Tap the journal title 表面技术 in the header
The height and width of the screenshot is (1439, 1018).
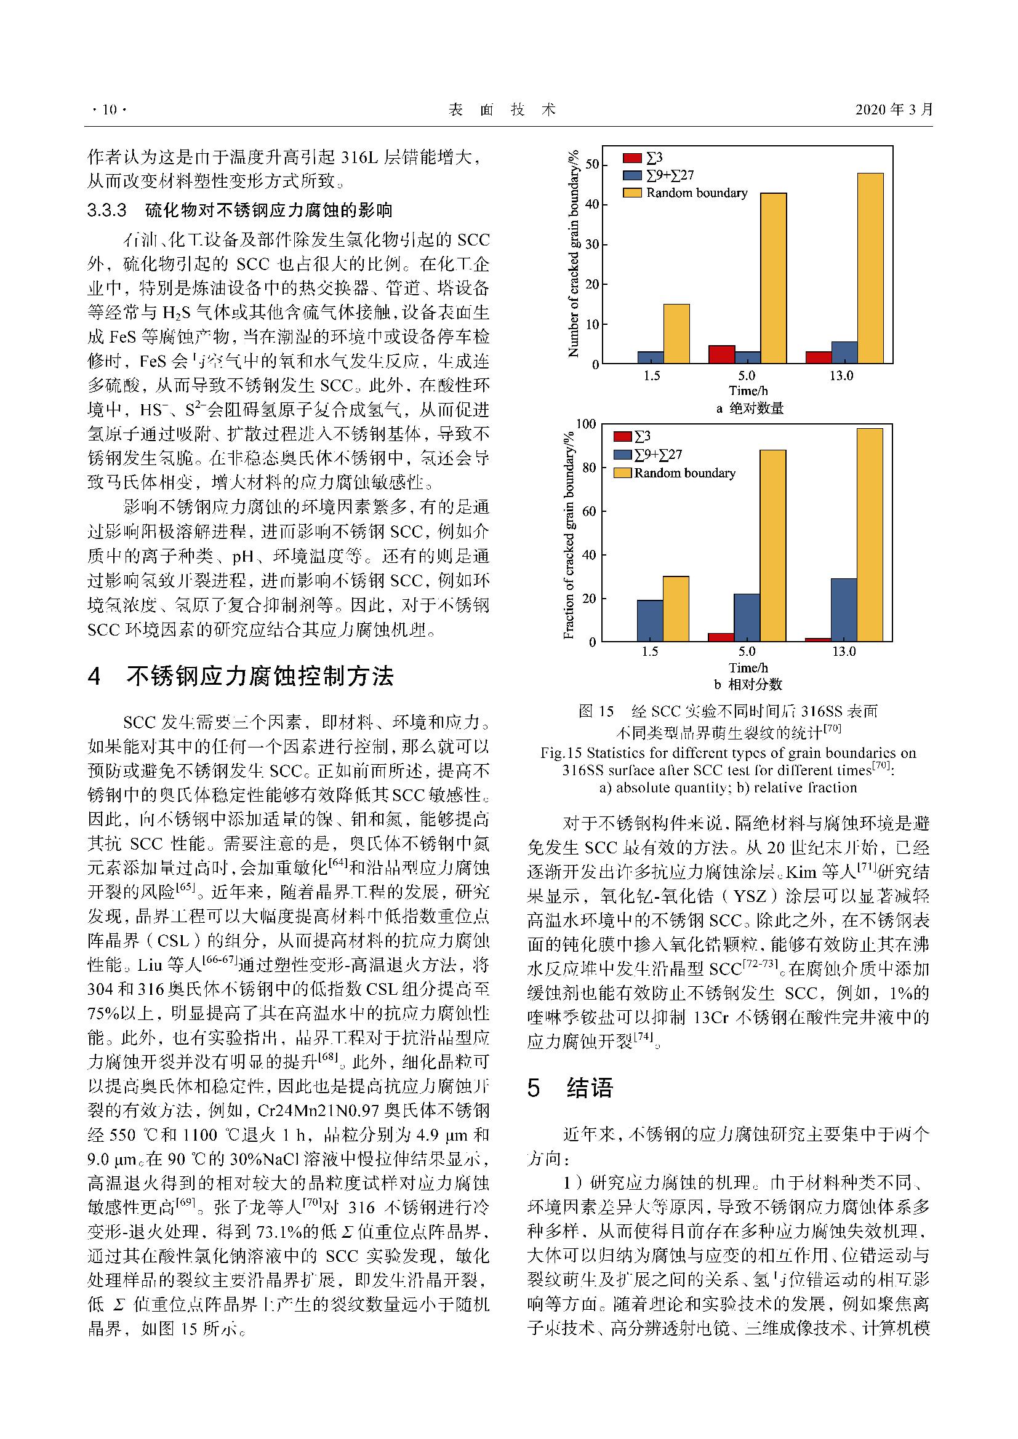click(x=502, y=110)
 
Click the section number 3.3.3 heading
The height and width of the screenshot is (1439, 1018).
click(x=107, y=210)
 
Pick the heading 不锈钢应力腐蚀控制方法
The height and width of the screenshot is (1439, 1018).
click(x=260, y=677)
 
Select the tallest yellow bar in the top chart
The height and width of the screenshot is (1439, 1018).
click(x=870, y=268)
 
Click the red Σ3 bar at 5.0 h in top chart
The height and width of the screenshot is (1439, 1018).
click(x=721, y=354)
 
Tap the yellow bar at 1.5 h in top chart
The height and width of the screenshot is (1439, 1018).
click(x=676, y=333)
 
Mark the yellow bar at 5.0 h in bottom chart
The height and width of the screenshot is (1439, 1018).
click(x=773, y=545)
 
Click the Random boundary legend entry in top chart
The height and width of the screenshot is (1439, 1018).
click(x=697, y=193)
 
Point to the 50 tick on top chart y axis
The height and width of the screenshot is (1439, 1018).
click(x=591, y=164)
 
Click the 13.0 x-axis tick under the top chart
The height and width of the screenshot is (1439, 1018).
click(x=842, y=376)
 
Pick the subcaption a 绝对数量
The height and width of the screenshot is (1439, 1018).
click(x=750, y=409)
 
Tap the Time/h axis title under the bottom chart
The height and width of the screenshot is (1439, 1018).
click(x=748, y=668)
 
